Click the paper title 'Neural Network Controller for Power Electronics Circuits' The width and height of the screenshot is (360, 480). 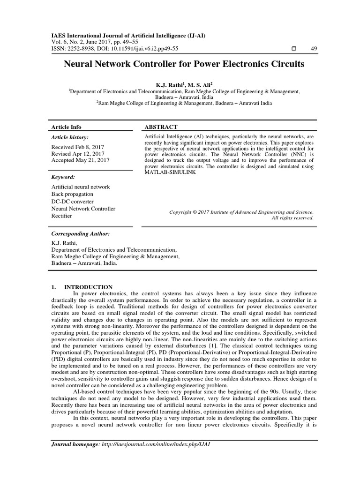[x=184, y=64]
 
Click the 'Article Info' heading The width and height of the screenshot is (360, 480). [x=66, y=127]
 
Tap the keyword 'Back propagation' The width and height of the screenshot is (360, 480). [x=72, y=194]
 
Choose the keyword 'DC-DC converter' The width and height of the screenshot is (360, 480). [x=72, y=201]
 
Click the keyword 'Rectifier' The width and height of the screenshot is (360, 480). [x=62, y=216]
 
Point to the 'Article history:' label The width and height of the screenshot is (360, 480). [x=69, y=137]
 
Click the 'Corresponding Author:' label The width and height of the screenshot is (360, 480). [x=80, y=233]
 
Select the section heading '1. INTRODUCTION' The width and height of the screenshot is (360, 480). [x=82, y=287]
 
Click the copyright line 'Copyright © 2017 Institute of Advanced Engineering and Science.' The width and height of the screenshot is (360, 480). [x=241, y=212]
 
